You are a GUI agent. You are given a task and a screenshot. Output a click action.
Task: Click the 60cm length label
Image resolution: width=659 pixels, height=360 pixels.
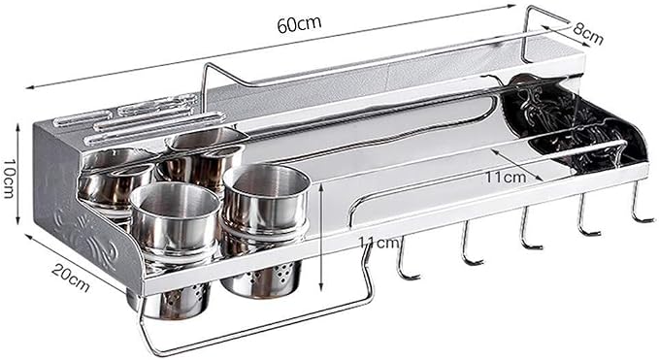pos(299,24)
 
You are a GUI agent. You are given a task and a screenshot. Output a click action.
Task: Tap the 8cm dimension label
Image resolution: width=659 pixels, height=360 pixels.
pos(587,34)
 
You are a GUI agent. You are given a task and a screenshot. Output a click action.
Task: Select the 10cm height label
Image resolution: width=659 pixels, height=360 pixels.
pos(9,179)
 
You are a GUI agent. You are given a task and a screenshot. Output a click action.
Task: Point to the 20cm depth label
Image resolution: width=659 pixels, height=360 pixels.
pos(71,278)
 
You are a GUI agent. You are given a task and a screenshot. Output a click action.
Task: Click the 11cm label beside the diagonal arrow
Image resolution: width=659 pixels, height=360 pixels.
pos(506,177)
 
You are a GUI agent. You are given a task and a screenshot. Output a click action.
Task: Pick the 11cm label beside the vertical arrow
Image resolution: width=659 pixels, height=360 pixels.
pos(379,243)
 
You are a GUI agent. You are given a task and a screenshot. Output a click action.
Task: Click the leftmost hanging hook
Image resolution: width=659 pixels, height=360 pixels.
pos(406,259)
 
